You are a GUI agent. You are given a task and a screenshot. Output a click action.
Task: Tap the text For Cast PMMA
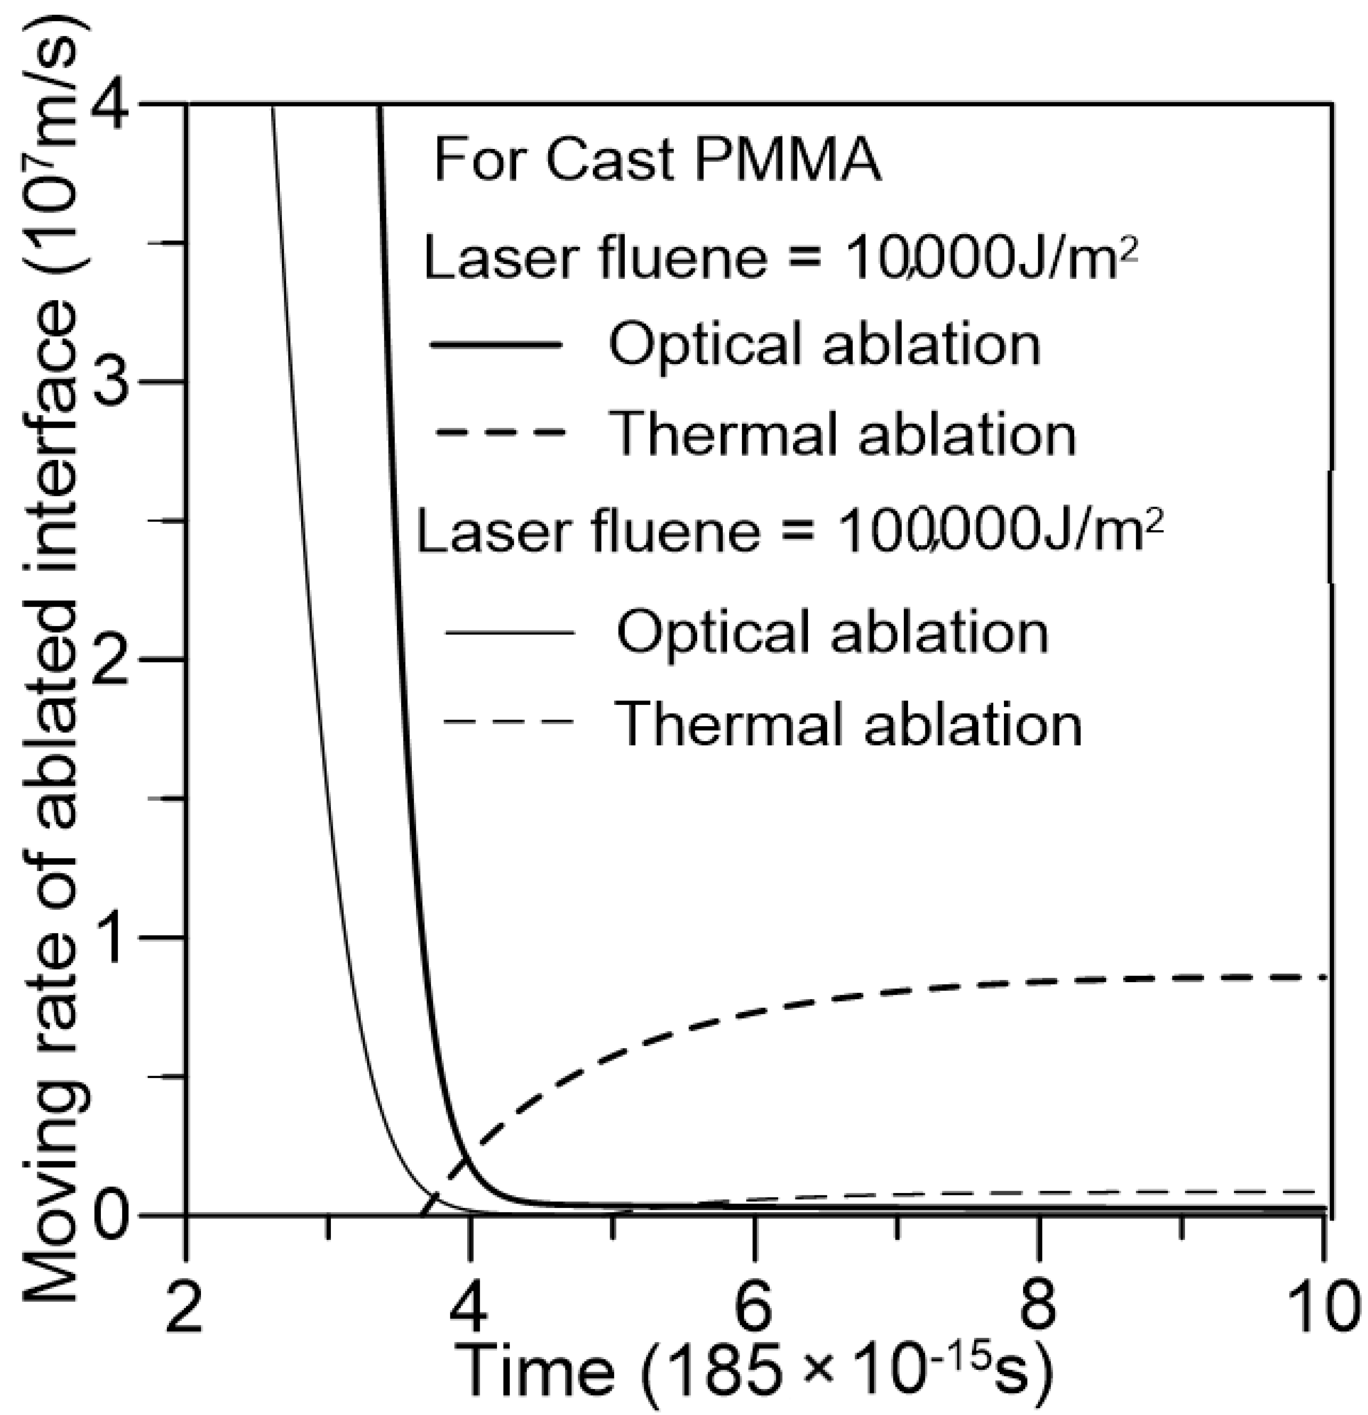[x=657, y=160]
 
